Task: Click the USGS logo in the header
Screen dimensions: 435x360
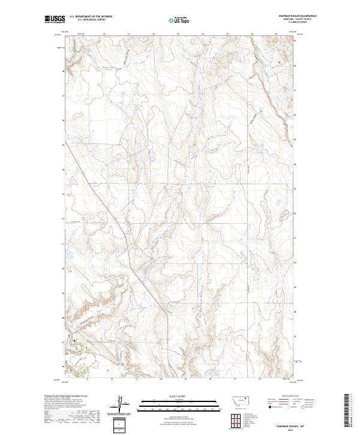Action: click(x=53, y=19)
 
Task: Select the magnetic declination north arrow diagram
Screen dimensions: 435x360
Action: click(x=119, y=404)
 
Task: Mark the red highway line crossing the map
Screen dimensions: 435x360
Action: click(x=114, y=216)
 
